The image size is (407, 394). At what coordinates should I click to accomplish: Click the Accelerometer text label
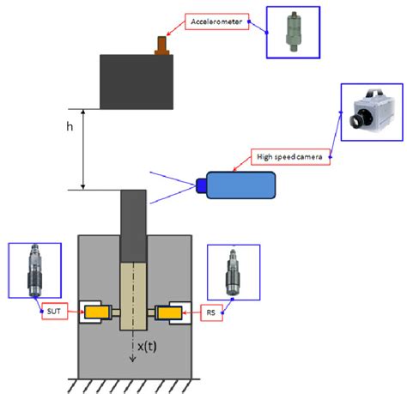pos(217,21)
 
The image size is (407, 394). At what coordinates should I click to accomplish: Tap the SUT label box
pos(53,312)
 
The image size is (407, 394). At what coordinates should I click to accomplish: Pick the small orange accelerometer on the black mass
pos(160,45)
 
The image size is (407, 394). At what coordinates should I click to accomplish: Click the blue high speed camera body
pos(241,185)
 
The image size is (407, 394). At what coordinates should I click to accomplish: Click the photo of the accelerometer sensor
pos(292,32)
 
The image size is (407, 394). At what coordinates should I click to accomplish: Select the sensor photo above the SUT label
pos(33,270)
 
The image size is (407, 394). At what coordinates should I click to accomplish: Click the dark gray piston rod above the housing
pos(133,223)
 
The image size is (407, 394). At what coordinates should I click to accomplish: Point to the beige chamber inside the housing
pos(133,296)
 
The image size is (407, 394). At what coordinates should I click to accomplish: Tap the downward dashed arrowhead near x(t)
pos(133,359)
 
